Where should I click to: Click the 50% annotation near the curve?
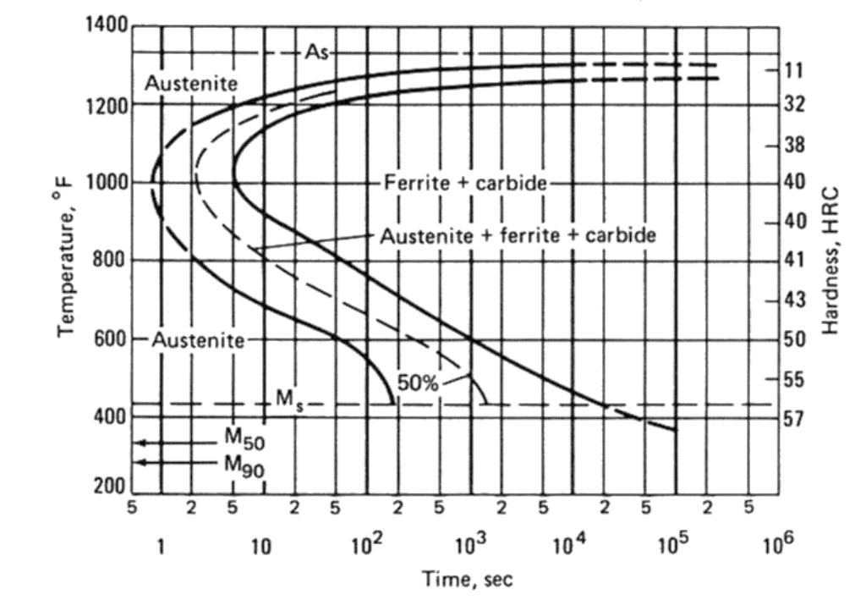pos(418,383)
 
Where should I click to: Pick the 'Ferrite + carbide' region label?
pos(465,182)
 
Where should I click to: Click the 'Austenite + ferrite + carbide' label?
pos(517,235)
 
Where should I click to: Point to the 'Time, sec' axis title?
pos(467,580)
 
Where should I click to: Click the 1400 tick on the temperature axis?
pos(106,26)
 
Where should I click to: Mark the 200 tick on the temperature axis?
pos(112,491)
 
